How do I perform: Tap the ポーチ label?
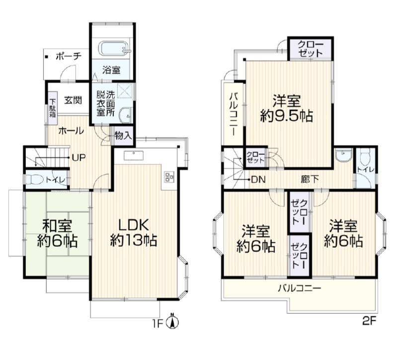pos(69,56)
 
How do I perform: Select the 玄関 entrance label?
pos(73,100)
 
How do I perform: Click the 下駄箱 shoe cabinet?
pos(53,108)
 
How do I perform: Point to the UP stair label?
pos(79,157)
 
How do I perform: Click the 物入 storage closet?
pos(123,136)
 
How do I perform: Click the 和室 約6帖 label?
pos(57,233)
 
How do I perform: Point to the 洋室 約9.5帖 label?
pos(287,109)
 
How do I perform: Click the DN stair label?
pos(258,179)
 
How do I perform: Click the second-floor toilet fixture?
pos(365,157)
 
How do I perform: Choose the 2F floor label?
pos(369,321)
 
